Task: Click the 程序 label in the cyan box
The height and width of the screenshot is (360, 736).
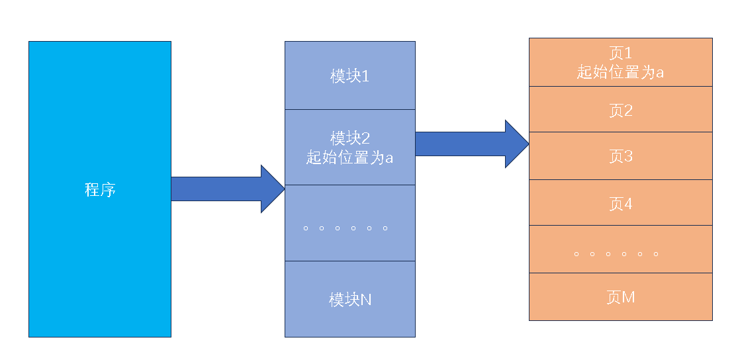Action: coord(100,190)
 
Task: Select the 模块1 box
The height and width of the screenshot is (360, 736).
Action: coord(349,76)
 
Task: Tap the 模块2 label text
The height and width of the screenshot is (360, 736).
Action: coord(349,138)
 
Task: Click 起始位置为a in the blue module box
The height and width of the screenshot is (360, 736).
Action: coord(349,157)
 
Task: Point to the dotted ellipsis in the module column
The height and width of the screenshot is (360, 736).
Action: coord(345,229)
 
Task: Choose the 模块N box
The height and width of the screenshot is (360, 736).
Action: coord(349,299)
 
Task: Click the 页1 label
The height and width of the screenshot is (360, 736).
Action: coord(620,53)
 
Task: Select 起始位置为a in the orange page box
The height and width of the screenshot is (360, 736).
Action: coord(620,71)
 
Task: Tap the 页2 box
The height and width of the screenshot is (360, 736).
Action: coord(620,110)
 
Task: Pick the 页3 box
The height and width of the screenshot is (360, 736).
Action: coord(620,156)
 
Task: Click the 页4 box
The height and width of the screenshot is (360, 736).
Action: coord(620,203)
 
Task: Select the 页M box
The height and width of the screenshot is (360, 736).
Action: coord(620,297)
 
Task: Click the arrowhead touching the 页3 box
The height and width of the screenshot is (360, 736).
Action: coord(517,144)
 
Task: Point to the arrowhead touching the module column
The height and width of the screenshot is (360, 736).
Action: coord(272,189)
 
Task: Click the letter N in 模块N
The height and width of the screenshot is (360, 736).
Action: coord(365,300)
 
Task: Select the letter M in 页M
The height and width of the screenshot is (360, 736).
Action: coord(628,297)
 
